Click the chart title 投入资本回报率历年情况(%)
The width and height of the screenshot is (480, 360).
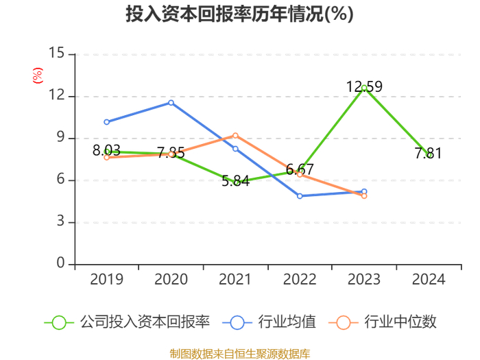[x=240, y=14]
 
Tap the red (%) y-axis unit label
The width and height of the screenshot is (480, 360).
[x=38, y=75]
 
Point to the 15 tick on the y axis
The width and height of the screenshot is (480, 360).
[x=57, y=53]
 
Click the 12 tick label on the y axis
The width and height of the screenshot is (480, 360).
[x=57, y=95]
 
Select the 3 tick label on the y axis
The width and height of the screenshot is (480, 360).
[x=60, y=221]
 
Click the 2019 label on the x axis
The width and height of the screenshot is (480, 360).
[x=106, y=280]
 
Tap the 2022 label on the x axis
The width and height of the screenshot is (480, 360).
[x=300, y=280]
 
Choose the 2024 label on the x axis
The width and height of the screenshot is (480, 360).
[x=429, y=280]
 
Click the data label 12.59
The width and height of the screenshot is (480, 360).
[x=364, y=86]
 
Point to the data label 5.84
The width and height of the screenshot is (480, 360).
[x=235, y=181]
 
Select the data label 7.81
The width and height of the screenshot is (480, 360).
[x=429, y=154]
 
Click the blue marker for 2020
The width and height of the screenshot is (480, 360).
[x=171, y=103]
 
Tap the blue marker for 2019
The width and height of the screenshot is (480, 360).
[x=106, y=122]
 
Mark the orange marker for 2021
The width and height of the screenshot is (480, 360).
[x=235, y=136]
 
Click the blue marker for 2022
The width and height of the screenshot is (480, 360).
[x=300, y=196]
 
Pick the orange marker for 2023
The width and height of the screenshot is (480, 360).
[x=364, y=196]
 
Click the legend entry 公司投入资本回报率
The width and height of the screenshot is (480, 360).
[x=127, y=322]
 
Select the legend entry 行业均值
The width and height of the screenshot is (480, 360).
[x=269, y=322]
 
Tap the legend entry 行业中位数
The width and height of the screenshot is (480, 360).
[x=383, y=322]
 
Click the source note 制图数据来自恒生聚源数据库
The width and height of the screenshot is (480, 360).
[x=240, y=354]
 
